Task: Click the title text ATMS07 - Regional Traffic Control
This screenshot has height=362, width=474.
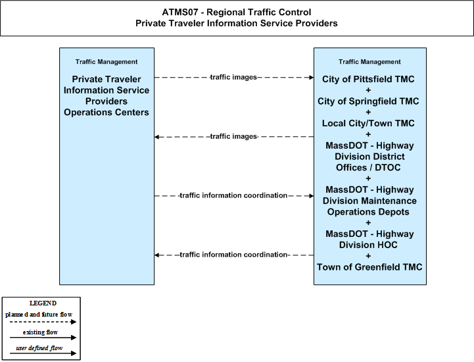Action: [237, 12]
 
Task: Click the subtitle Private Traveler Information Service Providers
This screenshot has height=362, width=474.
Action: [237, 23]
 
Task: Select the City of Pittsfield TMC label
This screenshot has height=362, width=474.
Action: [368, 79]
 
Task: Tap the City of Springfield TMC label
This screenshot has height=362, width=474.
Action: [368, 101]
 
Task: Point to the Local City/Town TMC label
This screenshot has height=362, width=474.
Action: [368, 123]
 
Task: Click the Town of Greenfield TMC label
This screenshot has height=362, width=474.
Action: [369, 267]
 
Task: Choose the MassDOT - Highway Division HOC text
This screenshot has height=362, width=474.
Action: [369, 239]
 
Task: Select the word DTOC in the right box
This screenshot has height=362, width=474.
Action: [387, 167]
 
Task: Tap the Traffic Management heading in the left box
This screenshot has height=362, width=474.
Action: [107, 62]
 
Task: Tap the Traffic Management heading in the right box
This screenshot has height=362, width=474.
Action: [369, 62]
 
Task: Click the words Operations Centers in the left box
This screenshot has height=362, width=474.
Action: [107, 113]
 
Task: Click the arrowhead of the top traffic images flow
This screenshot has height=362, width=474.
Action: [312, 78]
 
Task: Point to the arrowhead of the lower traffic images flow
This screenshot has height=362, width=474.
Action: [157, 137]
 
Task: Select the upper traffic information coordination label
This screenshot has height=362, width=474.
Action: [233, 195]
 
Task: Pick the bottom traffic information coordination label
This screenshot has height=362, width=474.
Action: [233, 255]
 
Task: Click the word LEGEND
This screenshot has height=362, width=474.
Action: [43, 303]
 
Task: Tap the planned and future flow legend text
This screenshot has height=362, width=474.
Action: [39, 315]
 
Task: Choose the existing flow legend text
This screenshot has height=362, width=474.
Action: [40, 332]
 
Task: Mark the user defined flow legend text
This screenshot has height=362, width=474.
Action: [39, 348]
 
